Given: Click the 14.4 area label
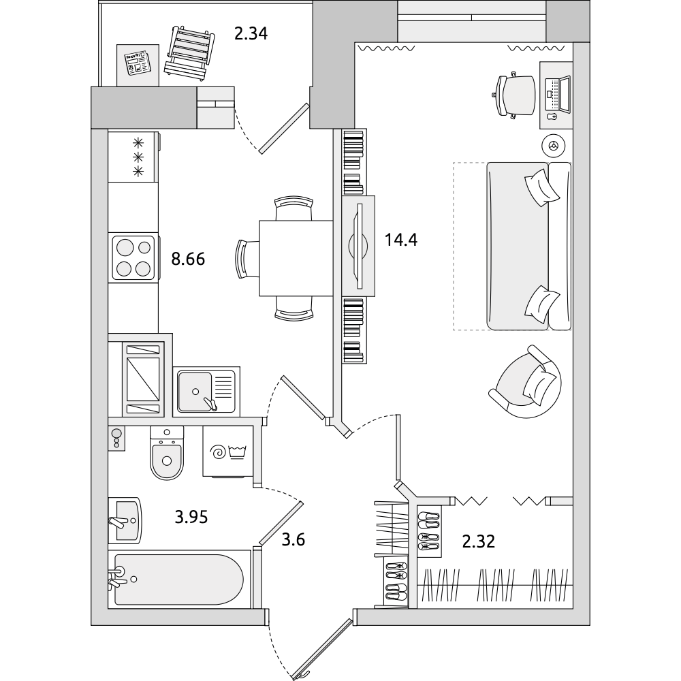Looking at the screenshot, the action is pyautogui.click(x=400, y=239).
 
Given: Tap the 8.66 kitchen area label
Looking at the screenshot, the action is pyautogui.click(x=188, y=259).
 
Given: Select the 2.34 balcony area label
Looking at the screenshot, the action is pyautogui.click(x=251, y=33).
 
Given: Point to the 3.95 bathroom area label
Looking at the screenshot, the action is pyautogui.click(x=191, y=517).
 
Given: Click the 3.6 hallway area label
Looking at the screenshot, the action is pyautogui.click(x=293, y=540).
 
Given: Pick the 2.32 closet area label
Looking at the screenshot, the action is pyautogui.click(x=478, y=541).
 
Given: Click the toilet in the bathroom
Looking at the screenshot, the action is pyautogui.click(x=167, y=453).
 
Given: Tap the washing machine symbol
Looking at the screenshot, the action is pyautogui.click(x=228, y=452).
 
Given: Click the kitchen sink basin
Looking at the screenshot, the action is pyautogui.click(x=195, y=391).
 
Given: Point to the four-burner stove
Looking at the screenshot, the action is pyautogui.click(x=133, y=257).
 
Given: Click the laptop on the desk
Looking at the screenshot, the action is pyautogui.click(x=558, y=94).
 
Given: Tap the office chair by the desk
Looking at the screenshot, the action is pyautogui.click(x=515, y=95).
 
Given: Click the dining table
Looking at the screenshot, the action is pyautogui.click(x=296, y=258).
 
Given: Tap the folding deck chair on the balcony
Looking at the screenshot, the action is pyautogui.click(x=189, y=54).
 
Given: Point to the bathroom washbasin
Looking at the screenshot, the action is pyautogui.click(x=125, y=520).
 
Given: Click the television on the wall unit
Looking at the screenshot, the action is pyautogui.click(x=359, y=246).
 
